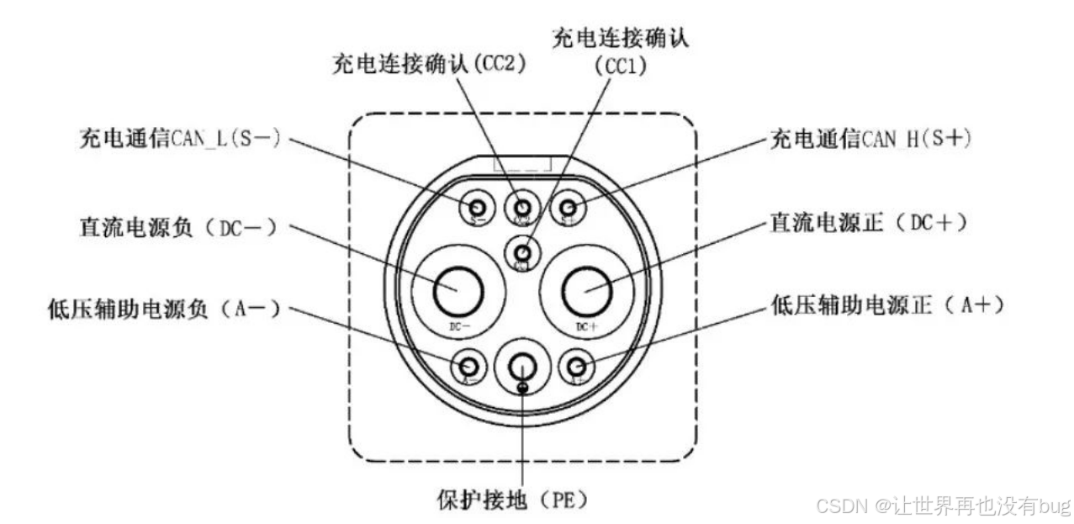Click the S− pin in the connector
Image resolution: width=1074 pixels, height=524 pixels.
click(x=477, y=207)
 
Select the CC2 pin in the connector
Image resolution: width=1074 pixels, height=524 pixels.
click(x=523, y=207)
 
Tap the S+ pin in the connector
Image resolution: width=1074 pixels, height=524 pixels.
click(x=569, y=207)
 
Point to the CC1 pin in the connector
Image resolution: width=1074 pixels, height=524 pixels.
click(x=523, y=251)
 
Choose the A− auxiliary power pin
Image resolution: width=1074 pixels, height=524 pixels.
click(x=470, y=366)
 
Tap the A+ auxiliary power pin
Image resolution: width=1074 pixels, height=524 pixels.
click(x=576, y=366)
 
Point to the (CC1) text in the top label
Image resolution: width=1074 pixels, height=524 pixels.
click(x=621, y=66)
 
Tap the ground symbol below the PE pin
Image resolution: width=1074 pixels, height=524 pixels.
click(x=523, y=387)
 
